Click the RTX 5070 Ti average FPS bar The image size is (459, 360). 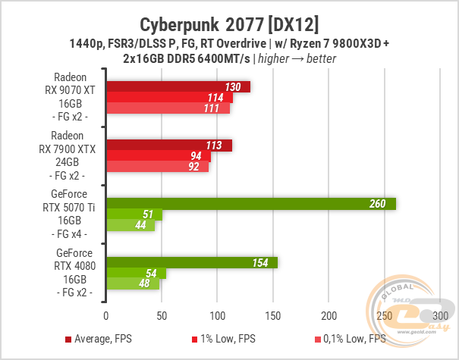pyautogui.click(x=250, y=203)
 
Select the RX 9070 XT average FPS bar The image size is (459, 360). pyautogui.click(x=178, y=86)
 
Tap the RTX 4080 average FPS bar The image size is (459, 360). pyautogui.click(x=192, y=262)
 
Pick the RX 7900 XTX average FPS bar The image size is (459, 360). pyautogui.click(x=168, y=146)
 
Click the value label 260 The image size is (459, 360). pyautogui.click(x=377, y=204)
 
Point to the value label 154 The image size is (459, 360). pyautogui.click(x=261, y=263)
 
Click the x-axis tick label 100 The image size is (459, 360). pyautogui.click(x=218, y=315)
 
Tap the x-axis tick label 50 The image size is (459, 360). pyautogui.click(x=162, y=315)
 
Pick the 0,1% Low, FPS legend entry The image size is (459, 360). pyautogui.click(x=348, y=338)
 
